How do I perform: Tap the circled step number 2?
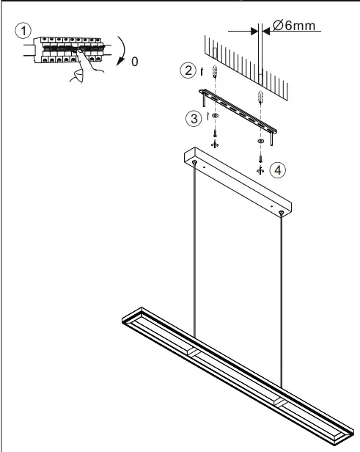189,71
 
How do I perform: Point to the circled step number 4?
276,169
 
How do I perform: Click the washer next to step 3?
215,116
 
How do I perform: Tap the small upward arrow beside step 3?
209,116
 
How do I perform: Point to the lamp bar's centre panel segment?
235,368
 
